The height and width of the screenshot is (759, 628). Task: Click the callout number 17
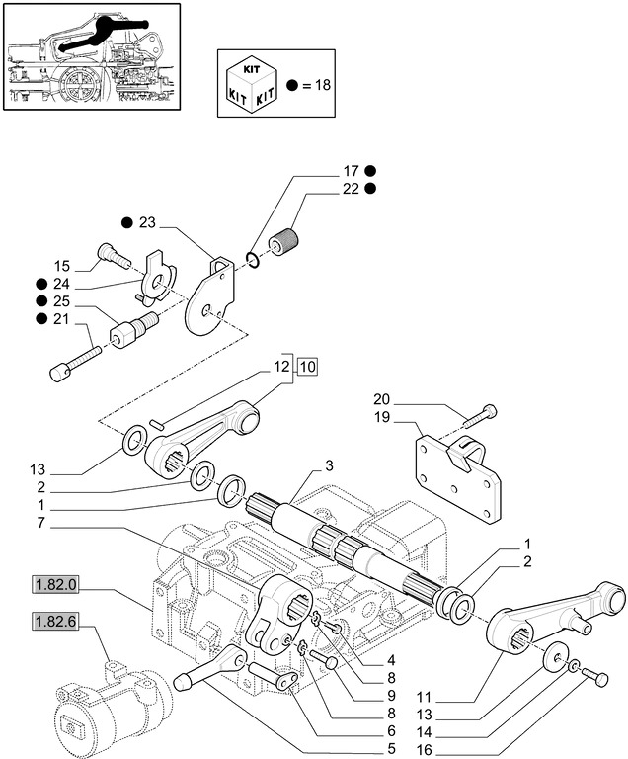(350, 170)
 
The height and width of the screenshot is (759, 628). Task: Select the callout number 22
(350, 189)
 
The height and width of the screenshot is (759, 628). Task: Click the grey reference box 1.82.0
(55, 584)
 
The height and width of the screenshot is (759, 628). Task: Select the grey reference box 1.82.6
(55, 622)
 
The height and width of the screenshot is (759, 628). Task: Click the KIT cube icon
(251, 85)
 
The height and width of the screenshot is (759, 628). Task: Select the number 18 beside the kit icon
(319, 86)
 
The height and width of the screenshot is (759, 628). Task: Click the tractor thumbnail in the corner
(91, 56)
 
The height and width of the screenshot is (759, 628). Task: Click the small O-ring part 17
(254, 260)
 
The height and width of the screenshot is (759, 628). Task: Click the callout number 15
(61, 266)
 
